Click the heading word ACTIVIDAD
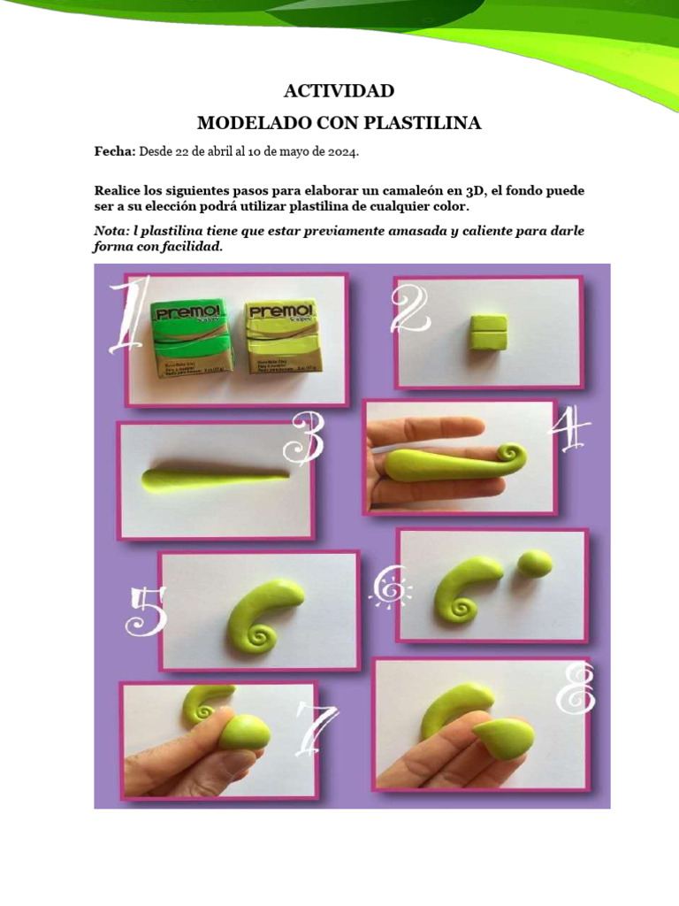click(x=339, y=91)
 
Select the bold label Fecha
click(x=114, y=152)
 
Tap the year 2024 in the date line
click(x=342, y=152)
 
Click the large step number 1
click(x=126, y=316)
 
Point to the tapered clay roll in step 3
click(x=212, y=479)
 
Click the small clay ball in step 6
click(x=535, y=564)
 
